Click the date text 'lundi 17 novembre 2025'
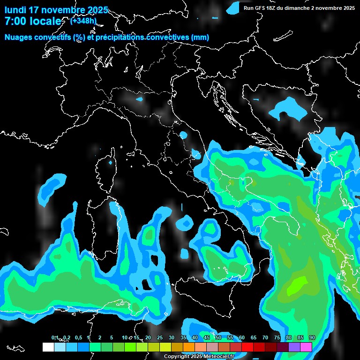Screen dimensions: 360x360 click(x=56, y=10)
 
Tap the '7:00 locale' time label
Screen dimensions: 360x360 click(x=33, y=21)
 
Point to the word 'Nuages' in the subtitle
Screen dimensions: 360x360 click(x=20, y=37)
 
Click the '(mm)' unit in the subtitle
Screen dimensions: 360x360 click(x=200, y=37)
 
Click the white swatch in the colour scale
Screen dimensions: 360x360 click(x=48, y=347)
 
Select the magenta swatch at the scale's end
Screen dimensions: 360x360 click(x=306, y=347)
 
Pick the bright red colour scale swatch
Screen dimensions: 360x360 click(x=247, y=347)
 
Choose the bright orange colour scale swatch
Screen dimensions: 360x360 click(x=189, y=347)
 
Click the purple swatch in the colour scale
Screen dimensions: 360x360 click(x=294, y=347)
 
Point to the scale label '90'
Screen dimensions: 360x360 click(x=312, y=338)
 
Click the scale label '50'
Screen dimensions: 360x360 click(x=218, y=338)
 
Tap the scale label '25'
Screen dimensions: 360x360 click(x=160, y=338)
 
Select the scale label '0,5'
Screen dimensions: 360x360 click(x=78, y=338)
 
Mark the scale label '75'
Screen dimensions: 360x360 click(x=277, y=338)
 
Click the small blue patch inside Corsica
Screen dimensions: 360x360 click(x=111, y=163)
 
